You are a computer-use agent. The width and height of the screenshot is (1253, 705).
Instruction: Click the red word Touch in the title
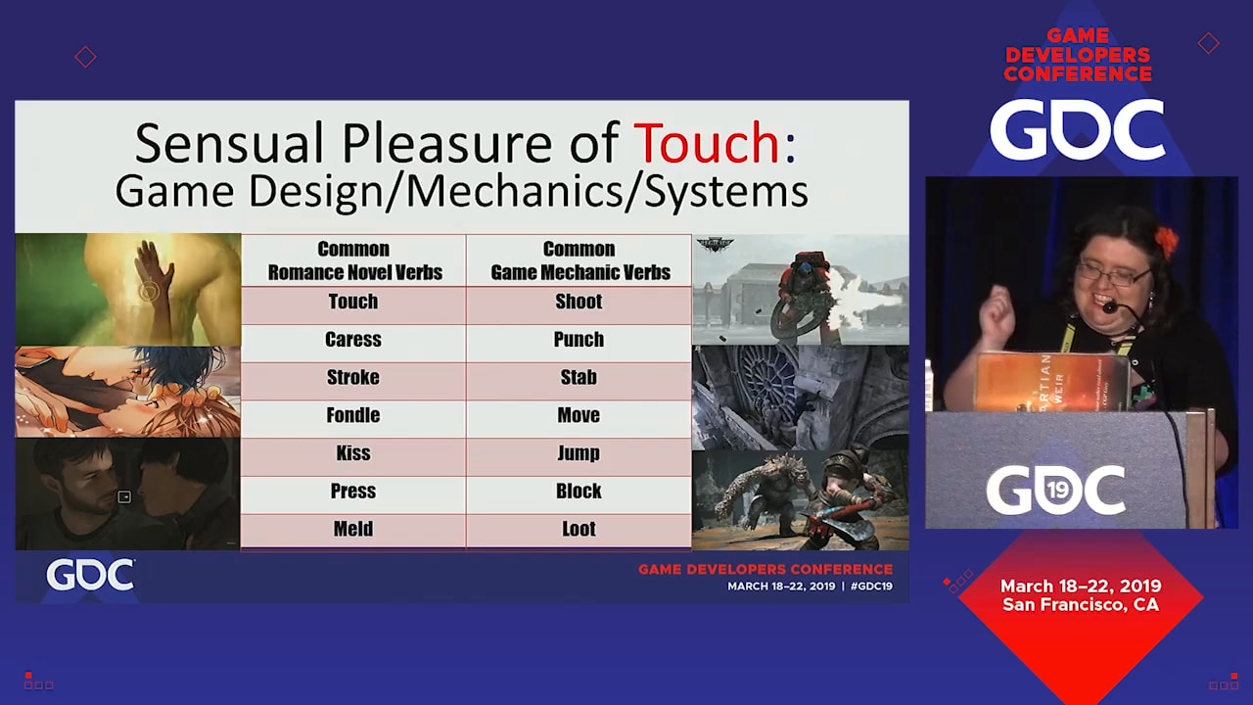click(x=707, y=143)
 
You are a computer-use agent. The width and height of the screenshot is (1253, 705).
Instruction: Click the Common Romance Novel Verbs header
click(x=353, y=260)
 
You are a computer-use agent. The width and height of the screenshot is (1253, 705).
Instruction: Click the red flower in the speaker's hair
click(x=1166, y=242)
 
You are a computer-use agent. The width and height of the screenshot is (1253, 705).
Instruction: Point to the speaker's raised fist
click(x=998, y=313)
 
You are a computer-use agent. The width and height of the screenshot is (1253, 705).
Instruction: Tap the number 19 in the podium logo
click(x=1056, y=491)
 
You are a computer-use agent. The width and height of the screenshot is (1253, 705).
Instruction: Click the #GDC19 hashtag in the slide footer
click(x=871, y=587)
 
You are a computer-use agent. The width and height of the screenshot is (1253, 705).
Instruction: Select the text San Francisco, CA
click(x=1081, y=605)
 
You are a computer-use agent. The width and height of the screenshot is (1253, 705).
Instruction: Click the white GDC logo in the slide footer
click(x=90, y=575)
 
